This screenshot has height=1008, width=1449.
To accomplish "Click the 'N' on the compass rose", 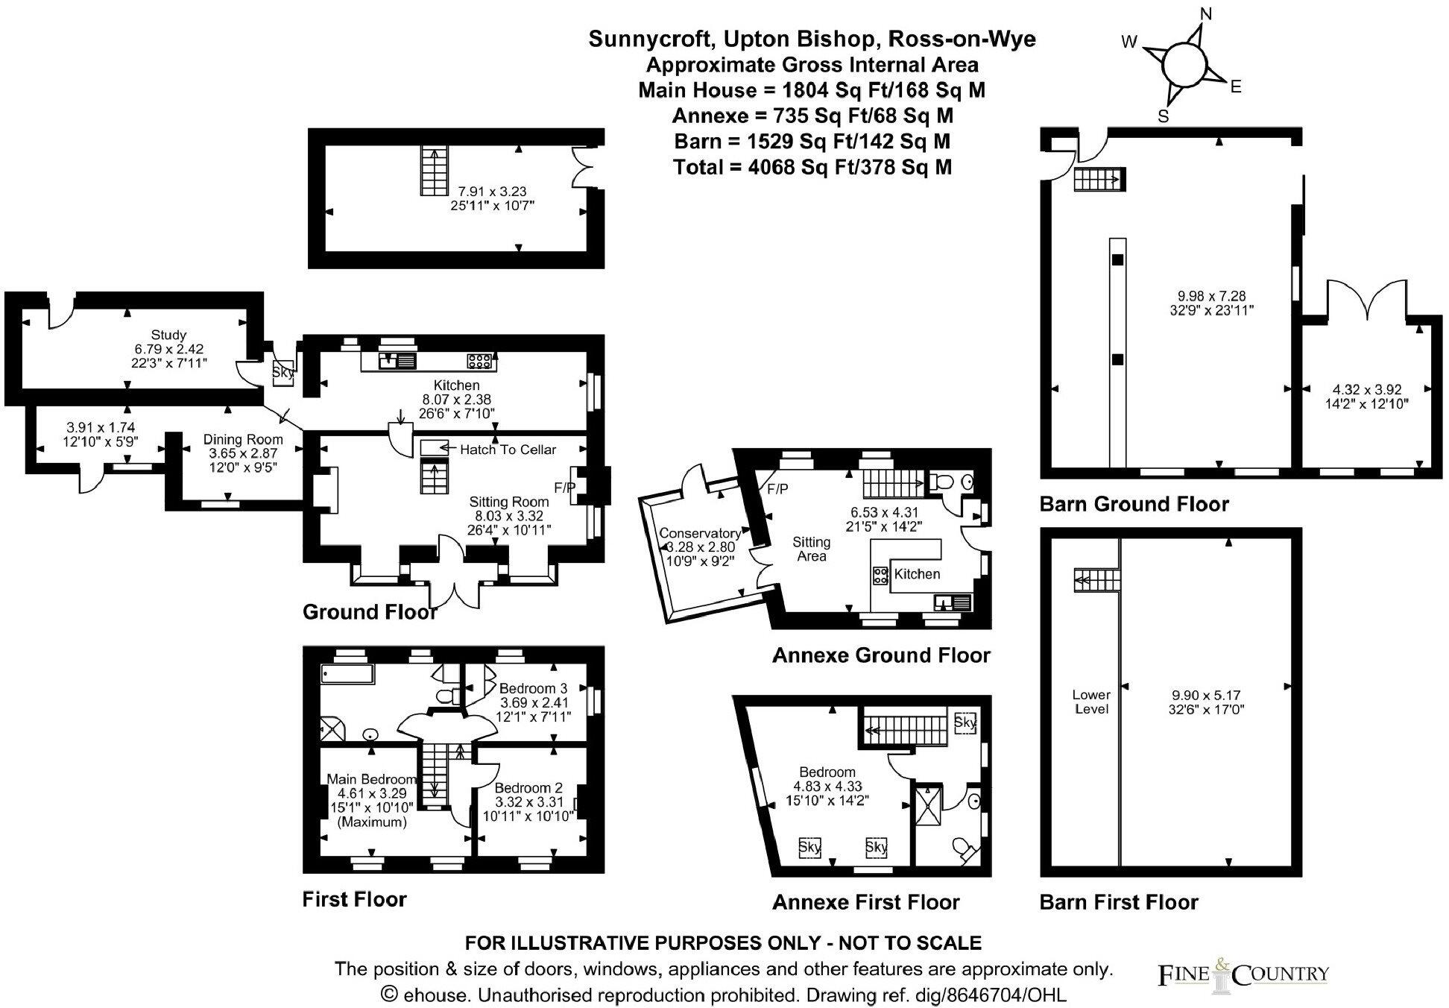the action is (1206, 13).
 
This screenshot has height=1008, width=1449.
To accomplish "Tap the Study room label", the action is (168, 335).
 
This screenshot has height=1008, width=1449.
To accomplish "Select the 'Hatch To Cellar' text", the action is (508, 449).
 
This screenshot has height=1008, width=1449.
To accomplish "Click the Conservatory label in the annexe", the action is (699, 533).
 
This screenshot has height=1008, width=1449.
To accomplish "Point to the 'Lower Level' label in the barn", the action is (1091, 702).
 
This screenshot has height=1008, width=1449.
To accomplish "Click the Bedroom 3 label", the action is (533, 688).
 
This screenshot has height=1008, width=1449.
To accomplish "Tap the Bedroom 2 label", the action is (528, 788).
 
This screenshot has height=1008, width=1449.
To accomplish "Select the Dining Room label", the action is (243, 440).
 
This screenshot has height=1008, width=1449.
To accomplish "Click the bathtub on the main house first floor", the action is (347, 674).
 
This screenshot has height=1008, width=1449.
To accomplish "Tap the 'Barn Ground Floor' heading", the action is (1134, 505).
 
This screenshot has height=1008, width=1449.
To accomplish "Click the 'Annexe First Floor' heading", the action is (865, 903).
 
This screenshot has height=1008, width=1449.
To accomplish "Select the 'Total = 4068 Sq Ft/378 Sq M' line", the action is (812, 167).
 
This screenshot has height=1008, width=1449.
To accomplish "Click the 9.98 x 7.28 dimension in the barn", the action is (1211, 296).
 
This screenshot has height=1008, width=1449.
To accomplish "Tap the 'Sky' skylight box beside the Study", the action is (283, 372).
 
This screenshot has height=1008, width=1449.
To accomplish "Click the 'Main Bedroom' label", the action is (371, 780).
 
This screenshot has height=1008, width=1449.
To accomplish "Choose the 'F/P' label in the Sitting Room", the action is (565, 488).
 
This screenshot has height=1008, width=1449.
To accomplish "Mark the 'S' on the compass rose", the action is (1163, 116).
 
